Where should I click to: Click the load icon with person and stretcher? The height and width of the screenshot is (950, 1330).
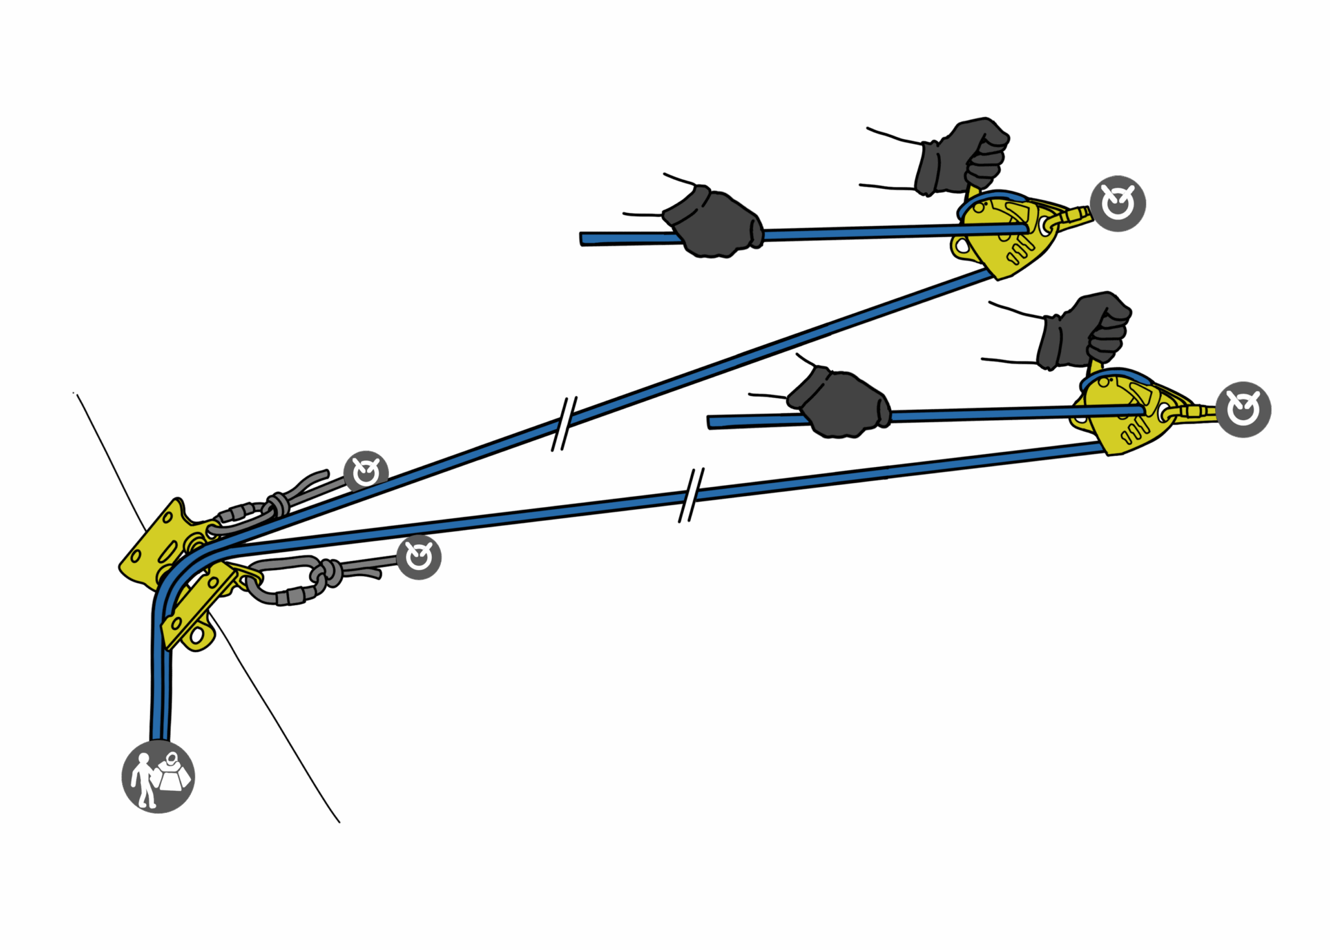[158, 776]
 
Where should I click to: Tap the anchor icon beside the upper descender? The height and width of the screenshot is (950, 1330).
[1118, 203]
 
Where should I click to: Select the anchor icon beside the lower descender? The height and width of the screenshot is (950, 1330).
[1243, 409]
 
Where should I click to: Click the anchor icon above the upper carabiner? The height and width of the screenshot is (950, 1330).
[366, 472]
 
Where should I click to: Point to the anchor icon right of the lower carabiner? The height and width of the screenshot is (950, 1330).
[419, 557]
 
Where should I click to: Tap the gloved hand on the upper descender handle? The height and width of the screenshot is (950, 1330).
[964, 156]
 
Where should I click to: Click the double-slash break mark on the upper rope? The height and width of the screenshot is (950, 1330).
[564, 423]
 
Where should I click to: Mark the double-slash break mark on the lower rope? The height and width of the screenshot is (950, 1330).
[691, 495]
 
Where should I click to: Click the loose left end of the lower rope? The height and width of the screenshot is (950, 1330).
[714, 422]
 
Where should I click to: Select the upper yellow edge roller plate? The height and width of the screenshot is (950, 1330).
[162, 542]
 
